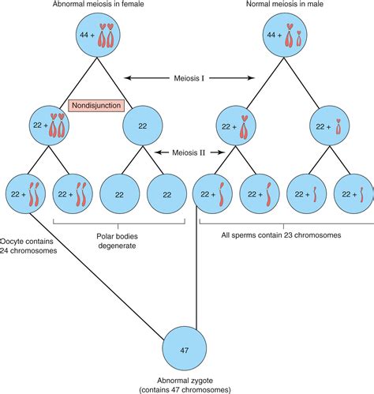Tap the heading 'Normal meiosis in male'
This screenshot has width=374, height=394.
point(290,5)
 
